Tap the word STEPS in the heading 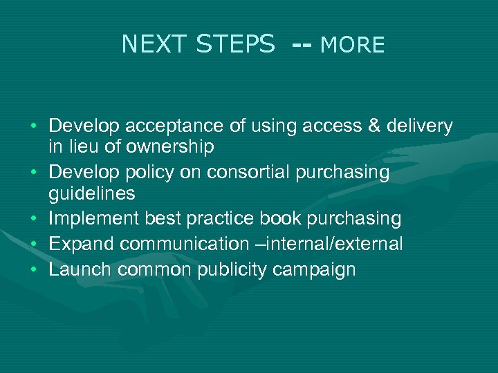click(235, 45)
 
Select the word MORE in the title click(353, 46)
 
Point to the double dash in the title click(302, 46)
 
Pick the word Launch click(81, 269)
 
